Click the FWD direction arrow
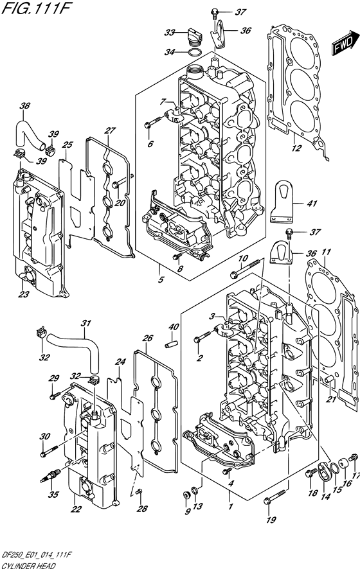345,42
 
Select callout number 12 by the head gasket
297,148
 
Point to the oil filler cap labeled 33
194,35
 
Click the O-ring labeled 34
195,52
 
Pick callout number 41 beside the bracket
312,203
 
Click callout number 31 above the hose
85,323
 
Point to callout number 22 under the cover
75,509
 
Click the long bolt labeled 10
245,268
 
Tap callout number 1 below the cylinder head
231,506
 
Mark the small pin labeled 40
171,344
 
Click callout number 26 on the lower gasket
147,338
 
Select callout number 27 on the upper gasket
110,130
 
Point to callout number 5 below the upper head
161,280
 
